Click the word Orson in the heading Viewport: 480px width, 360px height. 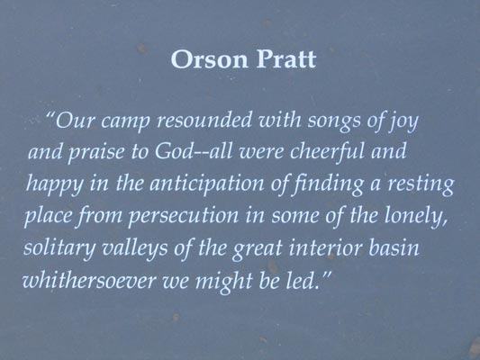click(209, 59)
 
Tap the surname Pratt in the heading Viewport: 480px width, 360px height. click(286, 59)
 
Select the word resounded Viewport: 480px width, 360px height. click(204, 120)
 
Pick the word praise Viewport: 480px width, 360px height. click(96, 153)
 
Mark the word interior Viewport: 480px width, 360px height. click(326, 247)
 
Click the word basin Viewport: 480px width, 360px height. click(394, 247)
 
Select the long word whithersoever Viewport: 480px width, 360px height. click(89, 280)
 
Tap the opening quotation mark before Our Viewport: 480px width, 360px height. click(50, 116)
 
